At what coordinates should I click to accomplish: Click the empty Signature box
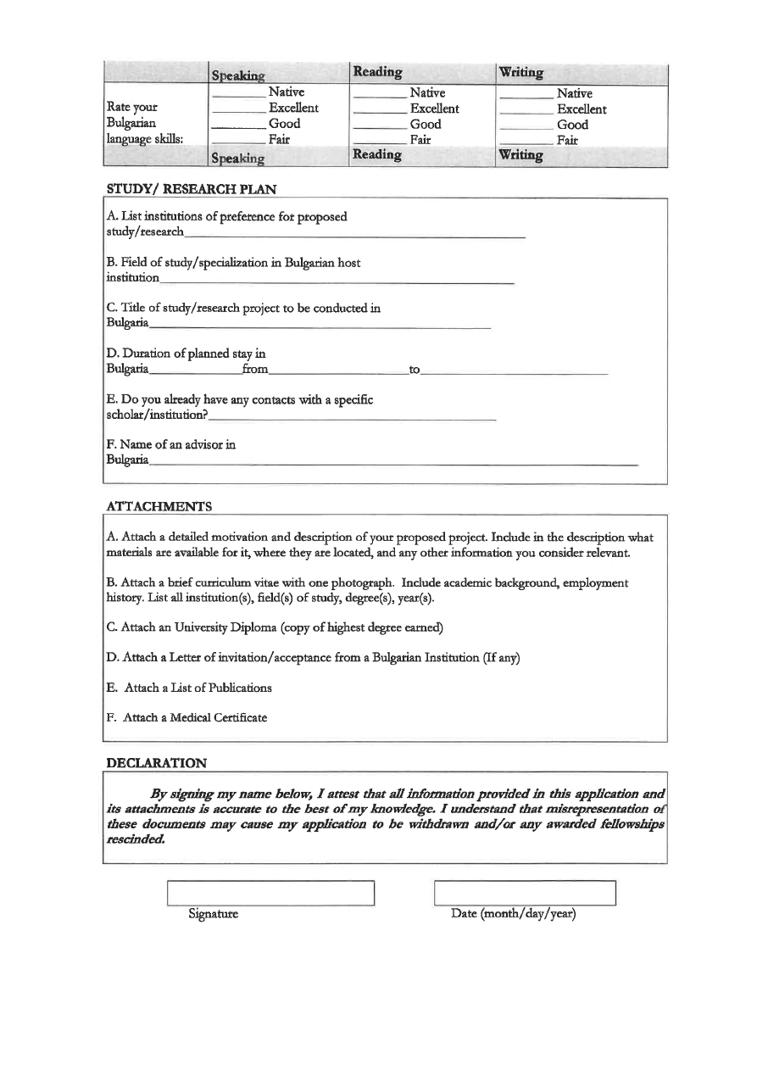coord(271,894)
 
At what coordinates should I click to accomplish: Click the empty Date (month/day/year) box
coord(524,894)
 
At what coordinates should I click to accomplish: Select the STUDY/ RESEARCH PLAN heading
coord(192,188)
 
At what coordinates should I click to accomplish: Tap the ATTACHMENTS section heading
coord(159,506)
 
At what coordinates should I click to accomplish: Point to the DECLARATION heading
coord(156,763)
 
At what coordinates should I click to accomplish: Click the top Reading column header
coord(377,72)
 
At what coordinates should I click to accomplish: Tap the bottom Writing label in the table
coord(521,156)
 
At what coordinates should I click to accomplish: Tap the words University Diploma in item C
coord(210,627)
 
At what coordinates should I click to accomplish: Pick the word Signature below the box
coord(213,914)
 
